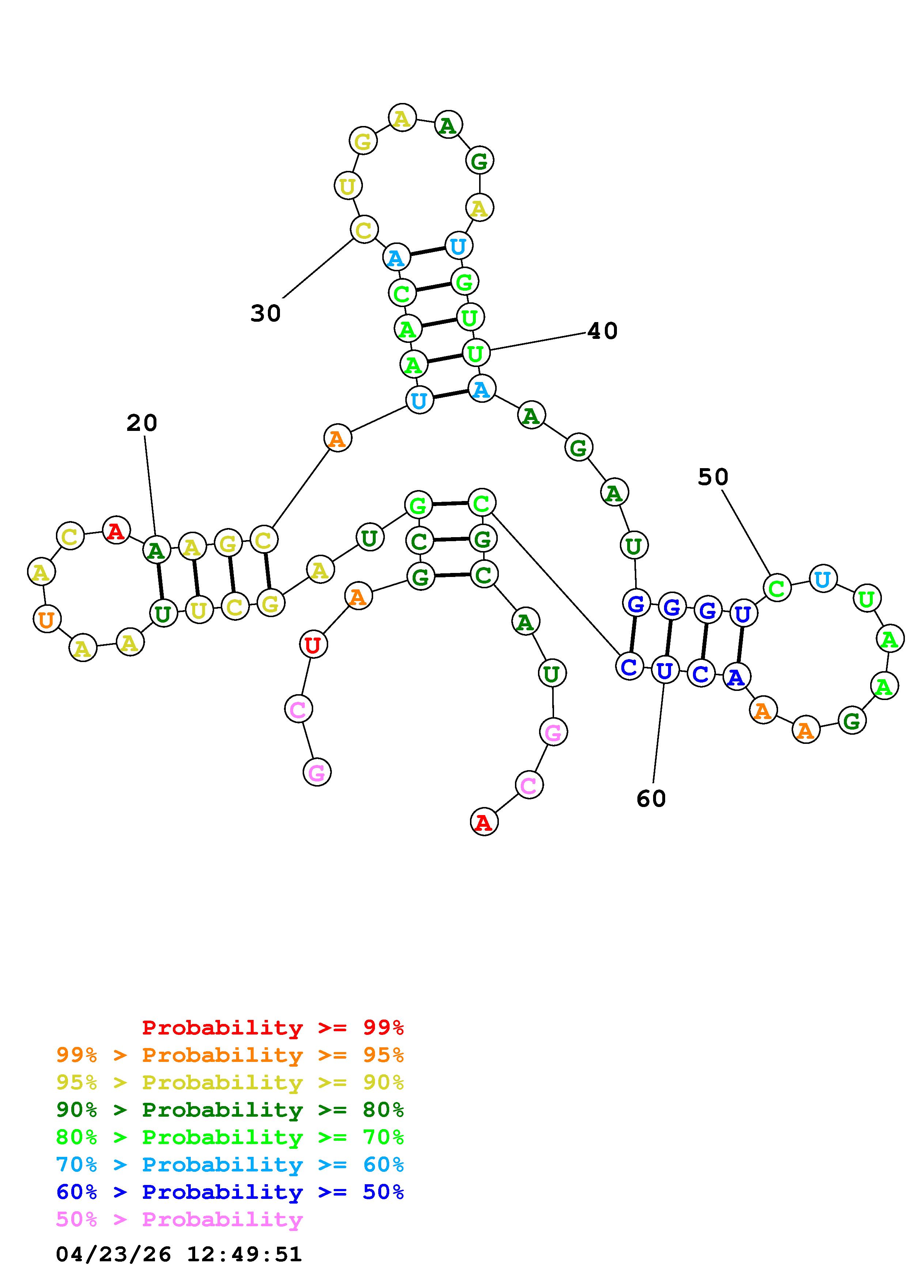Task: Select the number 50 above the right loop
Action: pyautogui.click(x=713, y=477)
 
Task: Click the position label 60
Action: pyautogui.click(x=651, y=799)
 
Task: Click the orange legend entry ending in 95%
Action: pyautogui.click(x=230, y=1055)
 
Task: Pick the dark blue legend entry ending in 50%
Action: pyautogui.click(x=230, y=1192)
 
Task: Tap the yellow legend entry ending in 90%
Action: pyautogui.click(x=230, y=1082)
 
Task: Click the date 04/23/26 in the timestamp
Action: pyautogui.click(x=113, y=1254)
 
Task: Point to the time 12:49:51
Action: pyautogui.click(x=244, y=1254)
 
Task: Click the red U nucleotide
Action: pyautogui.click(x=313, y=645)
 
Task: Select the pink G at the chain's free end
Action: pyautogui.click(x=316, y=773)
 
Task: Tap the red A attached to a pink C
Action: pyautogui.click(x=484, y=822)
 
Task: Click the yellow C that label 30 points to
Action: pyautogui.click(x=364, y=229)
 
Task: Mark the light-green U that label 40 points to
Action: pyautogui.click(x=475, y=353)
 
